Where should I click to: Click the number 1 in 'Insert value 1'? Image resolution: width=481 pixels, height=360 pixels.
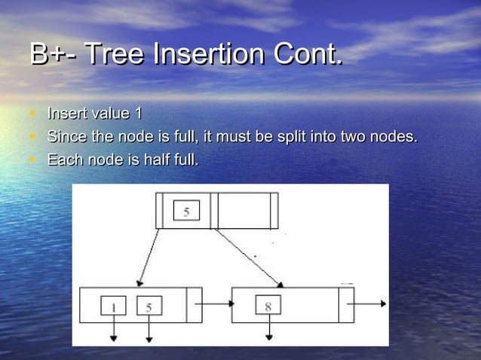(x=138, y=114)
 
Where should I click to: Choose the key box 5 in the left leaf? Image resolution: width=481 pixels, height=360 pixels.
(x=149, y=307)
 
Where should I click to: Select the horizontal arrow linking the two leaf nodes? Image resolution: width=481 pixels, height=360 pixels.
(x=216, y=305)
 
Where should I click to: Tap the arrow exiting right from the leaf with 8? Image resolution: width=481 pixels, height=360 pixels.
(x=370, y=305)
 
